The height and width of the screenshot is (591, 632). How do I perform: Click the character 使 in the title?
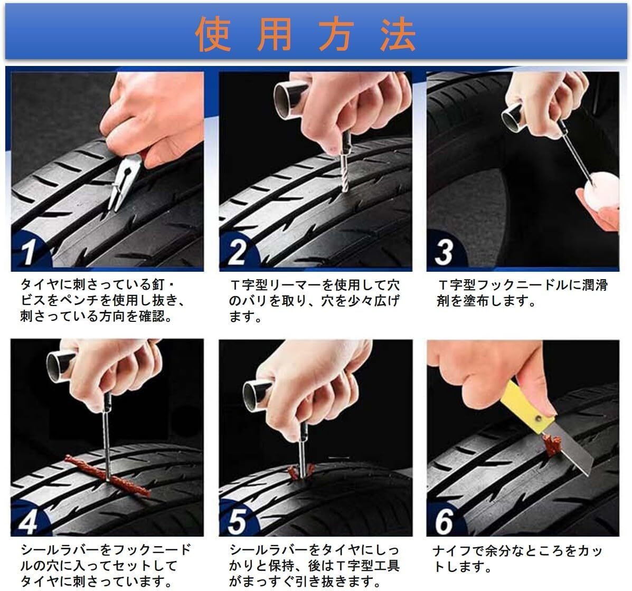(213, 34)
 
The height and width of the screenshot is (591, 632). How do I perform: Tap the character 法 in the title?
(398, 34)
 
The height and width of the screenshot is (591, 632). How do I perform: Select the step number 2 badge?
(237, 252)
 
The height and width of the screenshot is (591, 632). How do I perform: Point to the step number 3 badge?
(444, 252)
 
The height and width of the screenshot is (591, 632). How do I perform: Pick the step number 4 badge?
(28, 521)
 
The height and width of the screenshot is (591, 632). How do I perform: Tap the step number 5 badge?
(237, 521)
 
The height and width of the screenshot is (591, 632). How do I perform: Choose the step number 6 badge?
(444, 521)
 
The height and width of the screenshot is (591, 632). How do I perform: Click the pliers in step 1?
(122, 183)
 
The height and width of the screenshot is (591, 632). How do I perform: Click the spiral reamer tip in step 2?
(344, 173)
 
